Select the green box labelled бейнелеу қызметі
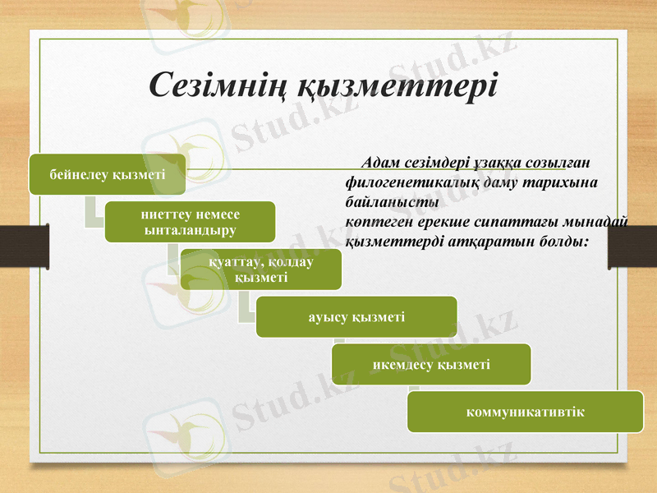tap(108, 174)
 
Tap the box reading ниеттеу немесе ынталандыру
tap(190, 222)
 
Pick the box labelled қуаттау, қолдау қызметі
tap(260, 270)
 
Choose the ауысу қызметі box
tap(356, 316)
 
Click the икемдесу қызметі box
tap(431, 364)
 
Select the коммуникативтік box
tap(525, 411)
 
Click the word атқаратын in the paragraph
tap(475, 243)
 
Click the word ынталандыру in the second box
tap(190, 230)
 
